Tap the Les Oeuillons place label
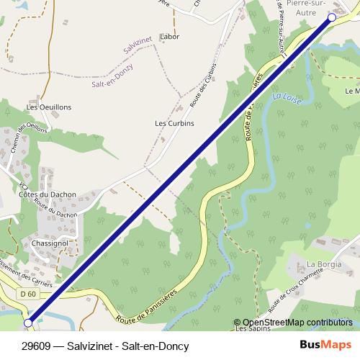49,107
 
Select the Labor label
170,36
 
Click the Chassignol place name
50,243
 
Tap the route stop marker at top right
332,17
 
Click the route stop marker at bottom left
28,323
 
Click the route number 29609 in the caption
37,346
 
